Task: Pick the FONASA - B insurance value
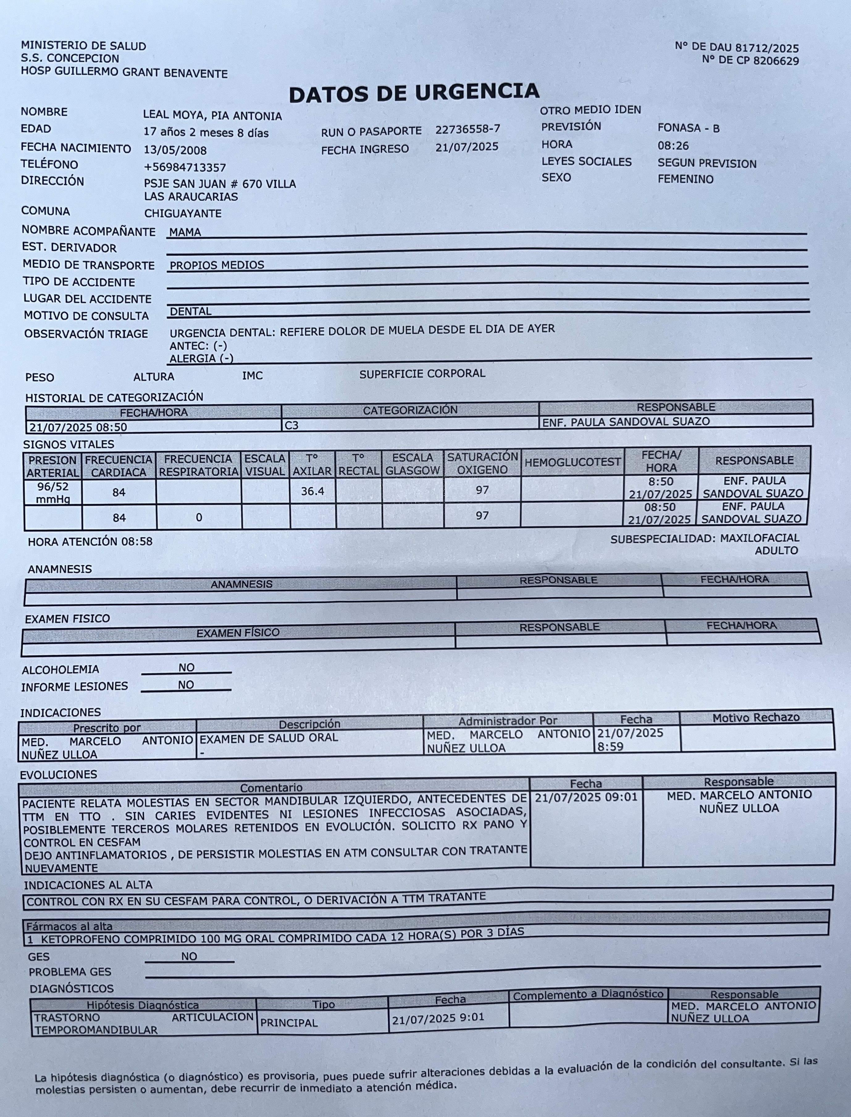click(x=688, y=128)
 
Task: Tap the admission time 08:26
click(x=673, y=146)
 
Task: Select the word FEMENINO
click(x=685, y=179)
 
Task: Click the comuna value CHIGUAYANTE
click(x=183, y=213)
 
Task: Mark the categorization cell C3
click(x=292, y=425)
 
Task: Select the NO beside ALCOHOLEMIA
click(x=187, y=668)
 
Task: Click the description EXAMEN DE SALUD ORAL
click(x=268, y=738)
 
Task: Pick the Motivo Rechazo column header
click(x=756, y=717)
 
